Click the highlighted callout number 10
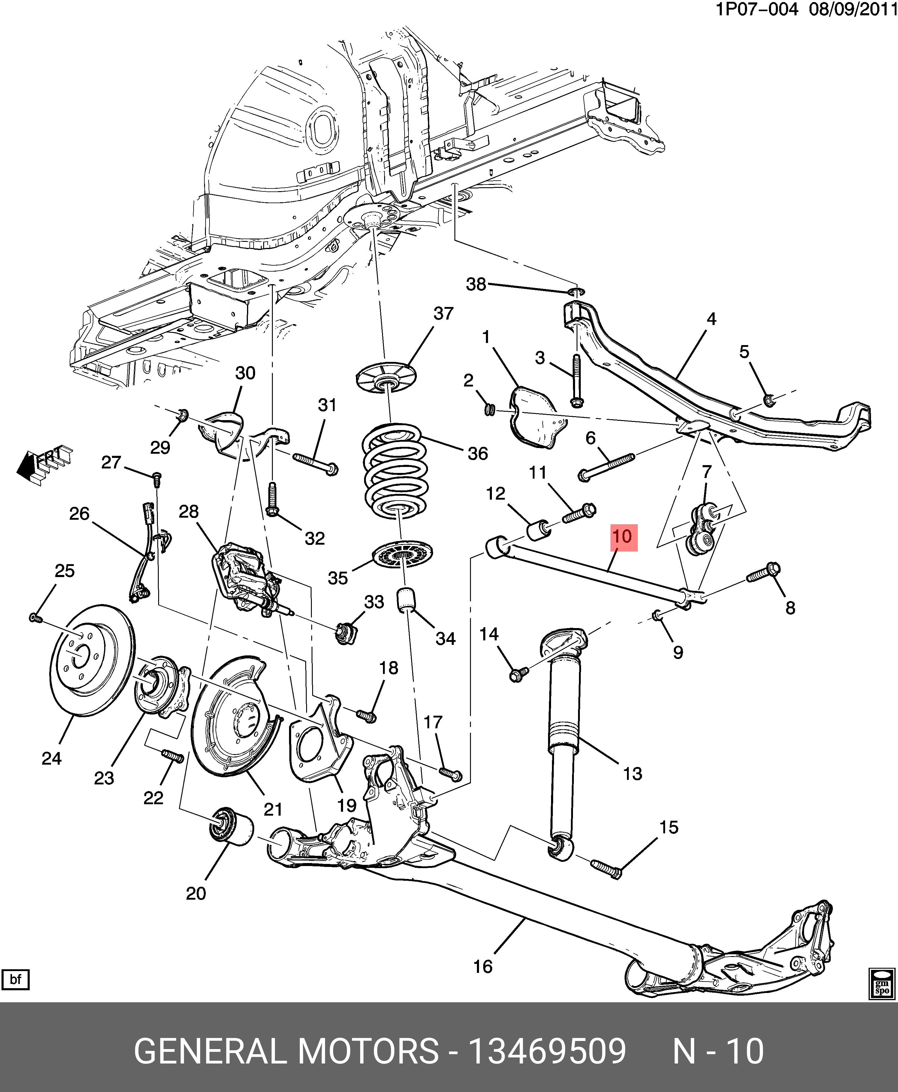623,537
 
